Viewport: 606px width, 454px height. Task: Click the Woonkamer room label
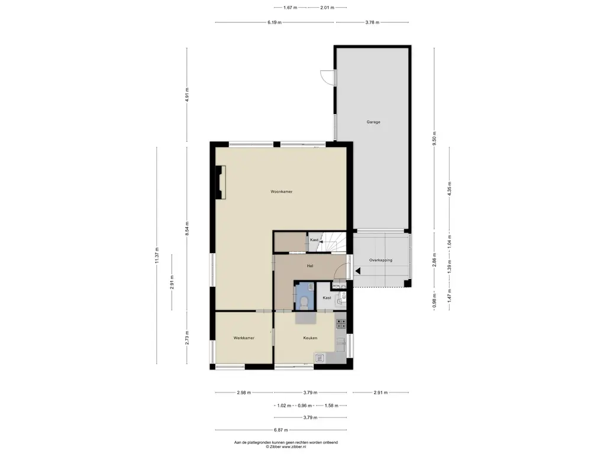(281, 192)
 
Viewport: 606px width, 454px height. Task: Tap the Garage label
(373, 122)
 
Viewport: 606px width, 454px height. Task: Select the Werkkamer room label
(244, 338)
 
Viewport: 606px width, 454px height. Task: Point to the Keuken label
(310, 338)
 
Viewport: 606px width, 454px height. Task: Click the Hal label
(310, 266)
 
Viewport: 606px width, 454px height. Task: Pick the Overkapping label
(381, 260)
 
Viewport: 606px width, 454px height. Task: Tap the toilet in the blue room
(304, 302)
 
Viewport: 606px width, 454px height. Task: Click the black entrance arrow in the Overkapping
(358, 271)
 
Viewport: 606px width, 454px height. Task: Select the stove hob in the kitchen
(341, 323)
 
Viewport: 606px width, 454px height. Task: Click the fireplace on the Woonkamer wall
(221, 182)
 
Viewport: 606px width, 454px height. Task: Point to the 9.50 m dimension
(434, 139)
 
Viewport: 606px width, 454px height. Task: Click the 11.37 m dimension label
(157, 255)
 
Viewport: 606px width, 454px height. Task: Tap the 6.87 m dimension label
(281, 430)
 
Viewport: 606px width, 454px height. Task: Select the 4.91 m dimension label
(187, 95)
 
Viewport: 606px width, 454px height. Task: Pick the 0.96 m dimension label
(305, 406)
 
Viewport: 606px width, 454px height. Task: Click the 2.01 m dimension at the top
(327, 7)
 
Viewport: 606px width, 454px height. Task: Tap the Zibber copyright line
(286, 447)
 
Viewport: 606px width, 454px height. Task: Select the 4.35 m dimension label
(449, 189)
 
